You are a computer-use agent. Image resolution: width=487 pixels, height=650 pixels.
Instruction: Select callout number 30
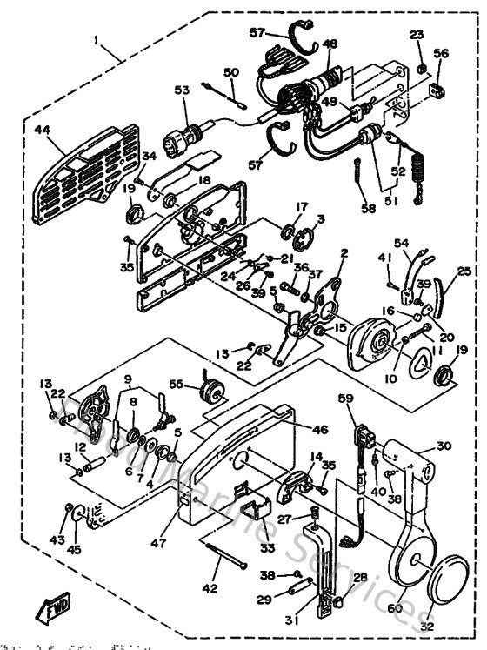pyautogui.click(x=444, y=445)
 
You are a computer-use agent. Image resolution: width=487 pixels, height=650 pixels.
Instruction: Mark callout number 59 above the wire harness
pyautogui.click(x=346, y=399)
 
